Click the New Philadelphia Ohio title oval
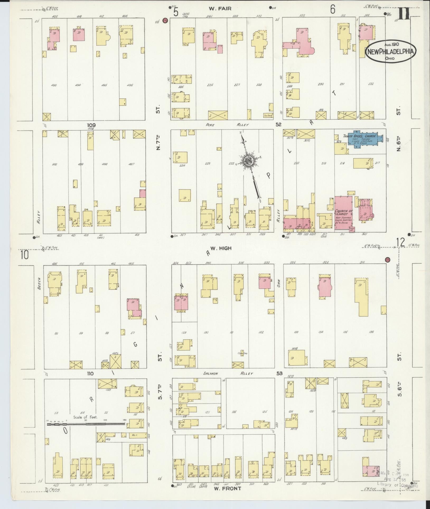pos(390,52)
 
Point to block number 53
pos(279,373)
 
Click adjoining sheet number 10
pos(25,255)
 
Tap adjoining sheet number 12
pos(400,242)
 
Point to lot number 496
pos(130,85)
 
